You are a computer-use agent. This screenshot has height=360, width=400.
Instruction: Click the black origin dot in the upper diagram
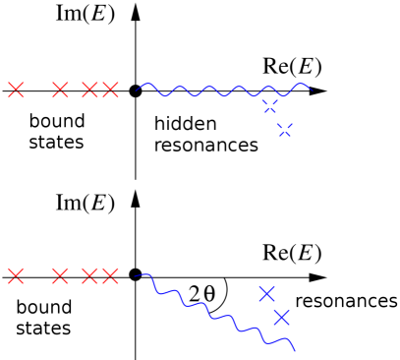[x=136, y=91]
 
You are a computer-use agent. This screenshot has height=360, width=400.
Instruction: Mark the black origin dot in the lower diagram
[x=136, y=274]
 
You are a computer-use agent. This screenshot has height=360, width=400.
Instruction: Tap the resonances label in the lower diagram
[x=346, y=298]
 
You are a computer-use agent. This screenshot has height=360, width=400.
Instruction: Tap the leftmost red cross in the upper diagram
[x=15, y=90]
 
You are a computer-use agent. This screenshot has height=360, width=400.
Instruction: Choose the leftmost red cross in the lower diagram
[x=15, y=274]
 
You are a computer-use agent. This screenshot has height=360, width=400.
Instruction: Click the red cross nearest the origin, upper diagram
[x=109, y=90]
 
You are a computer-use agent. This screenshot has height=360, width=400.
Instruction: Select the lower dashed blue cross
[x=286, y=131]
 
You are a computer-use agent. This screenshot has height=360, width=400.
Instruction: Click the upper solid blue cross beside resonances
[x=265, y=292]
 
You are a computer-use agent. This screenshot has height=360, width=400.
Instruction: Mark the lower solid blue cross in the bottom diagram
[x=282, y=317]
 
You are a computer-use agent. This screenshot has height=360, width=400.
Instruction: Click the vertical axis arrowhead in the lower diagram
[x=136, y=196]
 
